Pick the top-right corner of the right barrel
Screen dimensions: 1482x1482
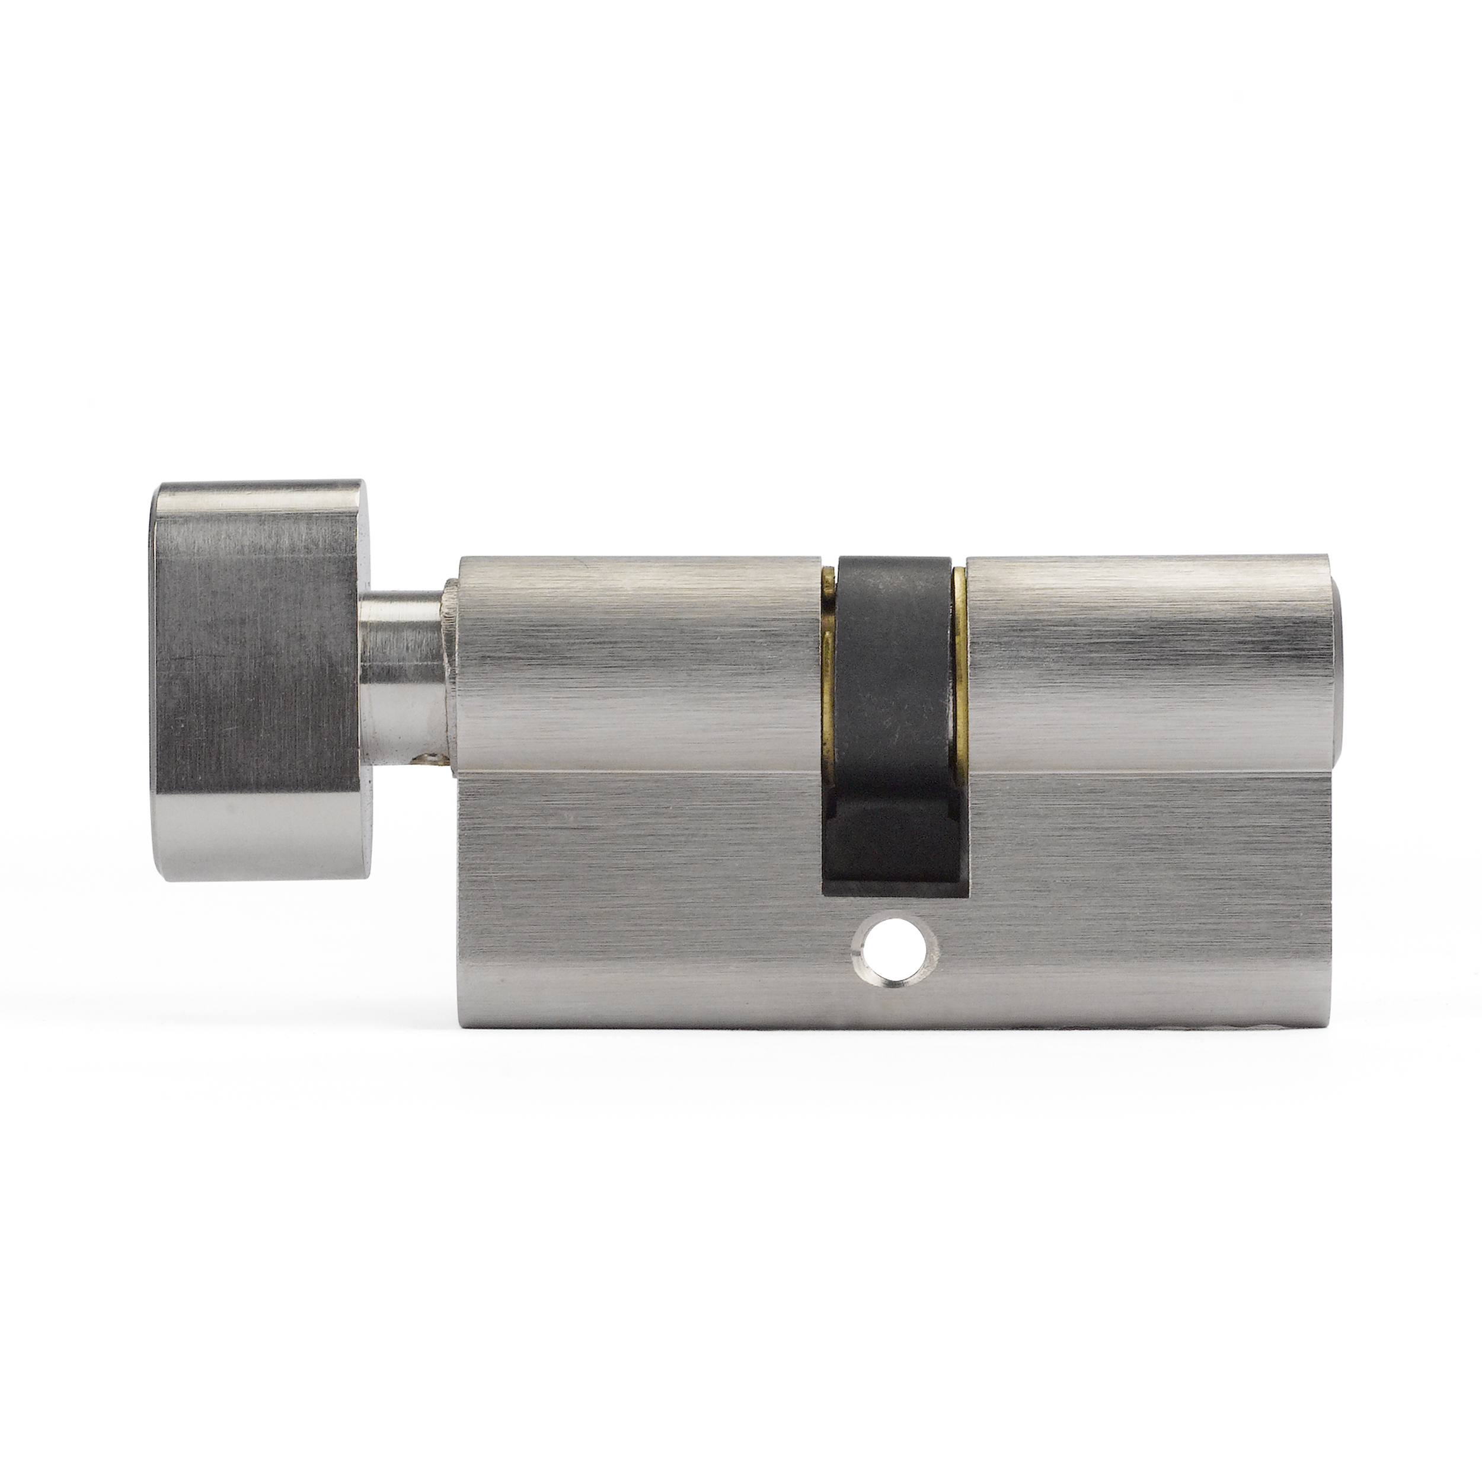1327,558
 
